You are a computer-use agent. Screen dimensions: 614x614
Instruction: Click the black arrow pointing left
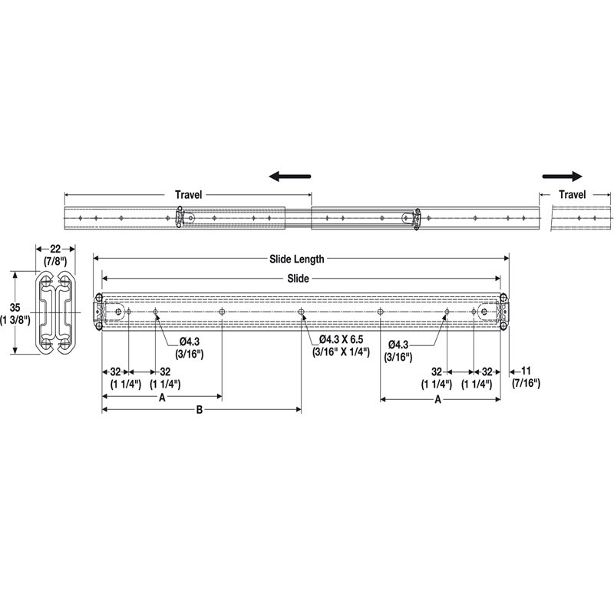(289, 176)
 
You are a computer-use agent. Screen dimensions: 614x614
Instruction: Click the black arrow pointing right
(562, 175)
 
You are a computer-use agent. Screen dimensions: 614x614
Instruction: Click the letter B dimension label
(199, 411)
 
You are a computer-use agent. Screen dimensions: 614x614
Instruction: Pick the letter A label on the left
(161, 398)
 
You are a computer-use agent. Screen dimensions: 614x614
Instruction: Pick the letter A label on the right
(438, 400)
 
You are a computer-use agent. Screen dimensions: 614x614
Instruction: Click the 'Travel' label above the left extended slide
(188, 195)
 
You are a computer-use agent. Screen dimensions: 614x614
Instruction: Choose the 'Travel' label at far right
(572, 195)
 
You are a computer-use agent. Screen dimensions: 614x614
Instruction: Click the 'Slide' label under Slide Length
(299, 279)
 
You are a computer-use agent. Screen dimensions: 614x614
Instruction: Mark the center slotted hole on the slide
(301, 312)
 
